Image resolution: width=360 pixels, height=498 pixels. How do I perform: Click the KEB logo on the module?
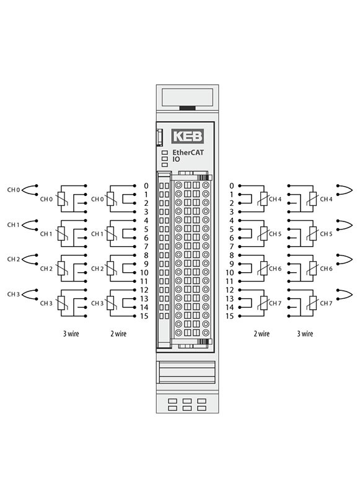[x=188, y=136]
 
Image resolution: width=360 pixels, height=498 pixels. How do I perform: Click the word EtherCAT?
[x=188, y=153]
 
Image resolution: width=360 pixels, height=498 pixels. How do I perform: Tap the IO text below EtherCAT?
[x=176, y=159]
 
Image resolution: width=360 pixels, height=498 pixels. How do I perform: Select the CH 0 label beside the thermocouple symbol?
[x=13, y=190]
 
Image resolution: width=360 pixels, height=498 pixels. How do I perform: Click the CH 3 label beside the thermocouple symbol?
[x=13, y=294]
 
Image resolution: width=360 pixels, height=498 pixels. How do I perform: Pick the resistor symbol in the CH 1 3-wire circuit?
[x=61, y=234]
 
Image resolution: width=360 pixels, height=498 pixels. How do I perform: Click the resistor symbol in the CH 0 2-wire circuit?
[x=111, y=199]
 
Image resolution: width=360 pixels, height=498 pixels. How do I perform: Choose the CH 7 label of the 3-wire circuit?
[x=326, y=303]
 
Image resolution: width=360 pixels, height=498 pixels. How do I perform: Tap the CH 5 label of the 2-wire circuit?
[x=275, y=234]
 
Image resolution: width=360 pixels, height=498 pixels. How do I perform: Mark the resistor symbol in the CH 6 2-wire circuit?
[x=263, y=269]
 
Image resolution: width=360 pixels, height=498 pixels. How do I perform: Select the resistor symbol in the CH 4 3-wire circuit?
[x=313, y=199]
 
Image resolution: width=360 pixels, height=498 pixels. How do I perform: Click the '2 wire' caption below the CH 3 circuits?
[x=118, y=334]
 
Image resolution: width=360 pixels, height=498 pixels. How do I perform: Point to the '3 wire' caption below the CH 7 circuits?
[x=305, y=334]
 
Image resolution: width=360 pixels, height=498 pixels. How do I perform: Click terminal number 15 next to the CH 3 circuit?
[x=144, y=316]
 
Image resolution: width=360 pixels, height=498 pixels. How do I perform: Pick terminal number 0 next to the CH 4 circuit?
[x=232, y=186]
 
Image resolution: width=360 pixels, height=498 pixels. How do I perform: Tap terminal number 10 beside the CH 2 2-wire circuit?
[x=144, y=272]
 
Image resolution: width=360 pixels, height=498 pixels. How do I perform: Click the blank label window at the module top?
[x=187, y=97]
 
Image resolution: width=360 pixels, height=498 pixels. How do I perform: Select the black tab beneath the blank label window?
[x=187, y=108]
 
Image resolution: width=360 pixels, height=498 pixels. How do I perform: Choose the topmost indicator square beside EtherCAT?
[x=165, y=153]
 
